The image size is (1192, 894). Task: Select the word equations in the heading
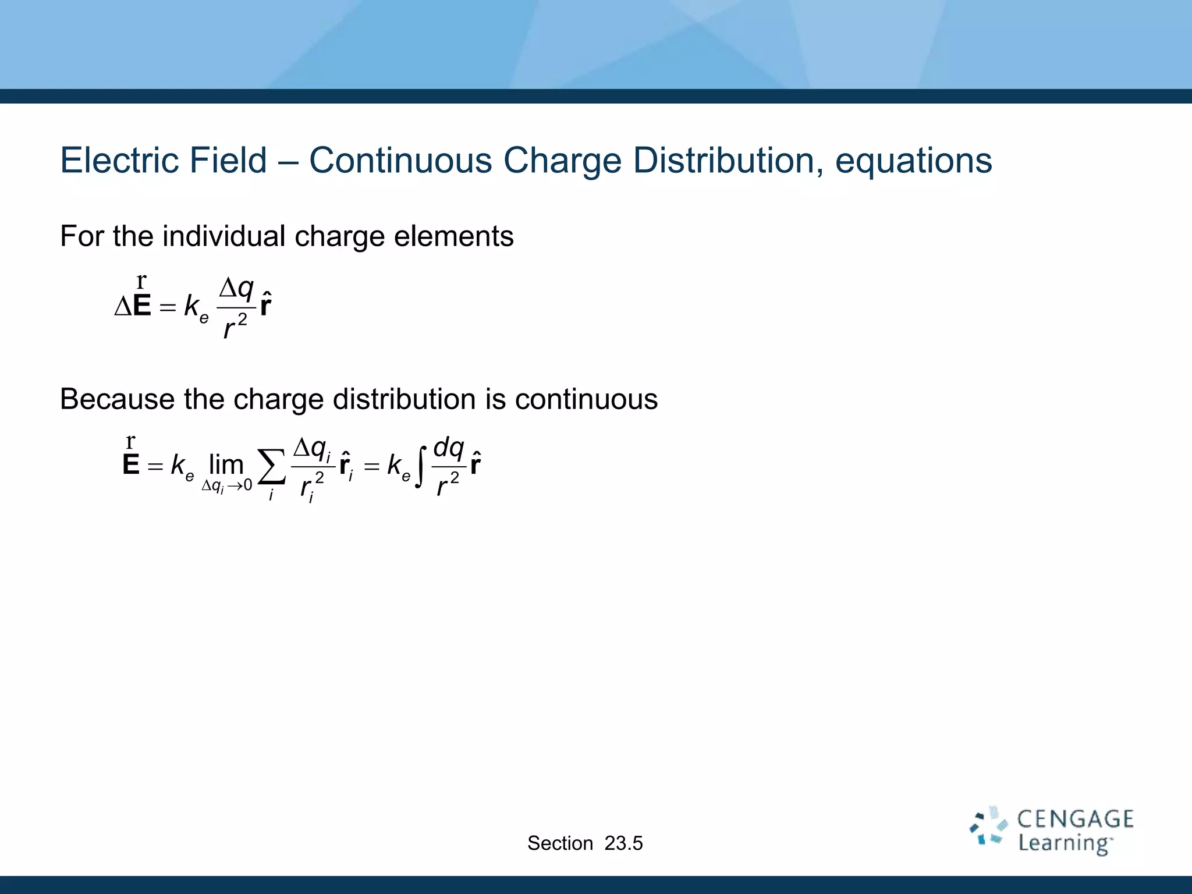point(913,162)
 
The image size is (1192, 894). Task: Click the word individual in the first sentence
point(224,236)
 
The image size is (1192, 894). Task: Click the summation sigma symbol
point(272,466)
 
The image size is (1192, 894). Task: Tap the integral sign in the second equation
point(421,466)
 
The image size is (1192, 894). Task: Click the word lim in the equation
point(226,464)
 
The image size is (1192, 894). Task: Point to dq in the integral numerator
point(449,448)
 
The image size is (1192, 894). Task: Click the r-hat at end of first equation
point(265,305)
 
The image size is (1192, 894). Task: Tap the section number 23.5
point(623,843)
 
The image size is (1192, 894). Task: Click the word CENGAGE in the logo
point(1075,819)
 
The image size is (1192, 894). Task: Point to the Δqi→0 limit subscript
point(226,485)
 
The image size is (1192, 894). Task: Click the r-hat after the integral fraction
point(476,464)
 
